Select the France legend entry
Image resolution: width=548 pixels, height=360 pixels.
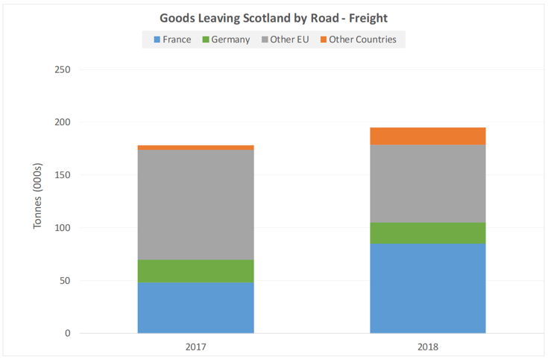(x=172, y=40)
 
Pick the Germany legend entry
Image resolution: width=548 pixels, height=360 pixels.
(x=225, y=40)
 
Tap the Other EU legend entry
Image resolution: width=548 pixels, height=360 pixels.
(x=285, y=40)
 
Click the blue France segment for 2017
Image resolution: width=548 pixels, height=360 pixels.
(x=195, y=308)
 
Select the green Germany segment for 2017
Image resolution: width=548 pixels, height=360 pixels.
(x=195, y=271)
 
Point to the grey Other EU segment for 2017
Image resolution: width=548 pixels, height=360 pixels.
(x=195, y=205)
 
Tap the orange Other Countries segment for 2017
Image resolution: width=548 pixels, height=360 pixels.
(x=195, y=148)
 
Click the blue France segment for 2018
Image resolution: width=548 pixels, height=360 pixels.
(x=428, y=288)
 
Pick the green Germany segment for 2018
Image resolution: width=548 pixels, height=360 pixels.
(x=428, y=233)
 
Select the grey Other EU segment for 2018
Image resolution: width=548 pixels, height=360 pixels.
(x=428, y=183)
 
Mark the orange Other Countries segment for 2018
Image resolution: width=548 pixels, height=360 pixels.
(x=428, y=136)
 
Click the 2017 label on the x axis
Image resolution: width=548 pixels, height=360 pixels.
(x=195, y=347)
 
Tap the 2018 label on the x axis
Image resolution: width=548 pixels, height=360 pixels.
(x=428, y=347)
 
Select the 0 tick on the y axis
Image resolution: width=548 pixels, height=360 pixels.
(x=67, y=333)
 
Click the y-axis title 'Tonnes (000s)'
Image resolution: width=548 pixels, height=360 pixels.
(x=39, y=195)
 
